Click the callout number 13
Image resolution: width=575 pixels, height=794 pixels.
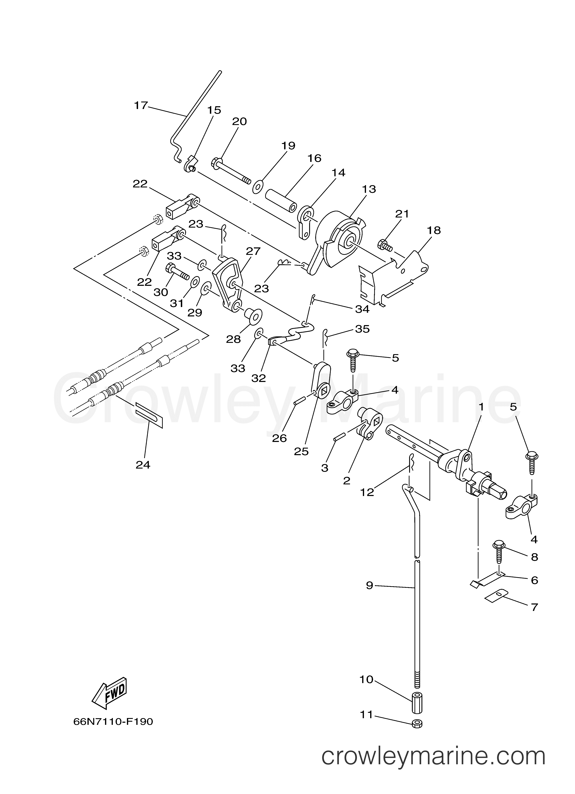[369, 189]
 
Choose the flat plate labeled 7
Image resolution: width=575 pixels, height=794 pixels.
[496, 595]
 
